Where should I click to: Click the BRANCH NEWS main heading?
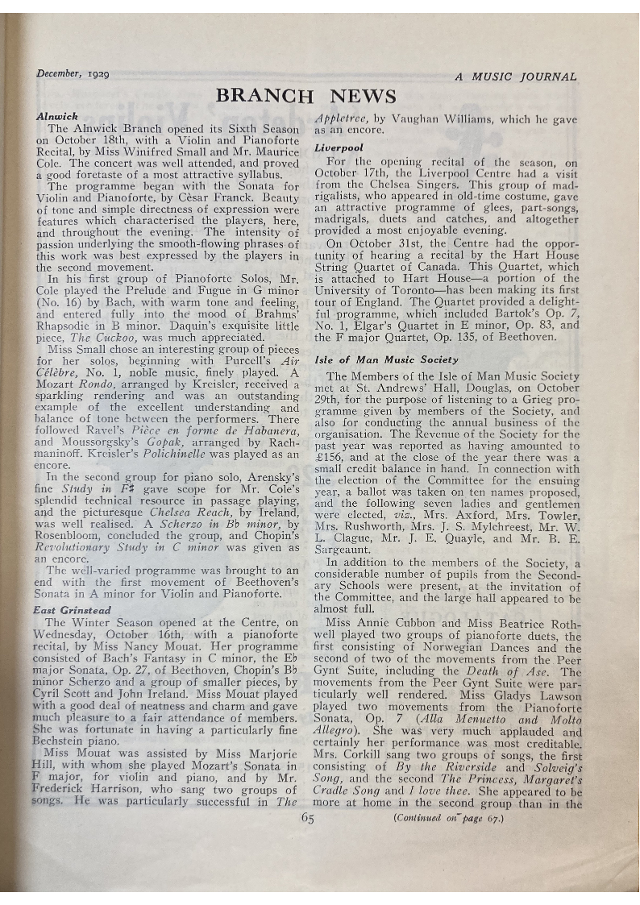[x=305, y=97]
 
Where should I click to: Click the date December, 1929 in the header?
[x=73, y=74]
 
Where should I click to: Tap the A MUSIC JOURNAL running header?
[x=516, y=77]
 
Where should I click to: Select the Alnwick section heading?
[x=57, y=116]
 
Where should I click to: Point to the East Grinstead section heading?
[x=72, y=610]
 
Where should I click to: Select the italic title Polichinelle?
[x=218, y=453]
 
